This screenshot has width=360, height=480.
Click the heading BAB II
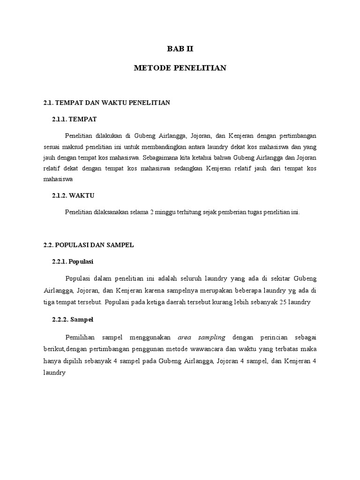tap(180, 48)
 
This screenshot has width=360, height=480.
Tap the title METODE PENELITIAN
tap(180, 68)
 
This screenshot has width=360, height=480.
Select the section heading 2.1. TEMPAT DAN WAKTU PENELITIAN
tap(106, 103)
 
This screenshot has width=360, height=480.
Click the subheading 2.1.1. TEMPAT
tap(75, 120)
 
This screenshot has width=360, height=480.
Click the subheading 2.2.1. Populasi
tap(76, 262)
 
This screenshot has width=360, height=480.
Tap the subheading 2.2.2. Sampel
tap(73, 320)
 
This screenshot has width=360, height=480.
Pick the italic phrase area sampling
tap(202, 337)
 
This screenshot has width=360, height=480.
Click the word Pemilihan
tap(82, 337)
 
